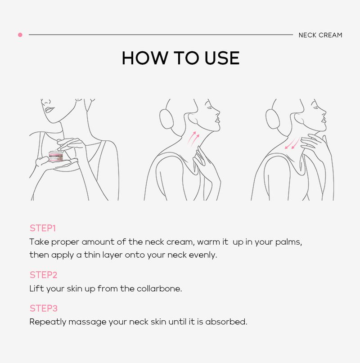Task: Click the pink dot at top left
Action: (x=20, y=35)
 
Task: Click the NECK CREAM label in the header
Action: (x=320, y=35)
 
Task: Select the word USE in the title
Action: (x=220, y=58)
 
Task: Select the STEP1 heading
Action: (x=43, y=228)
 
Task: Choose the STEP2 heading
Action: (x=43, y=275)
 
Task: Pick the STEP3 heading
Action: (x=43, y=309)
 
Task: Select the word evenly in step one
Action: (x=203, y=255)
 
